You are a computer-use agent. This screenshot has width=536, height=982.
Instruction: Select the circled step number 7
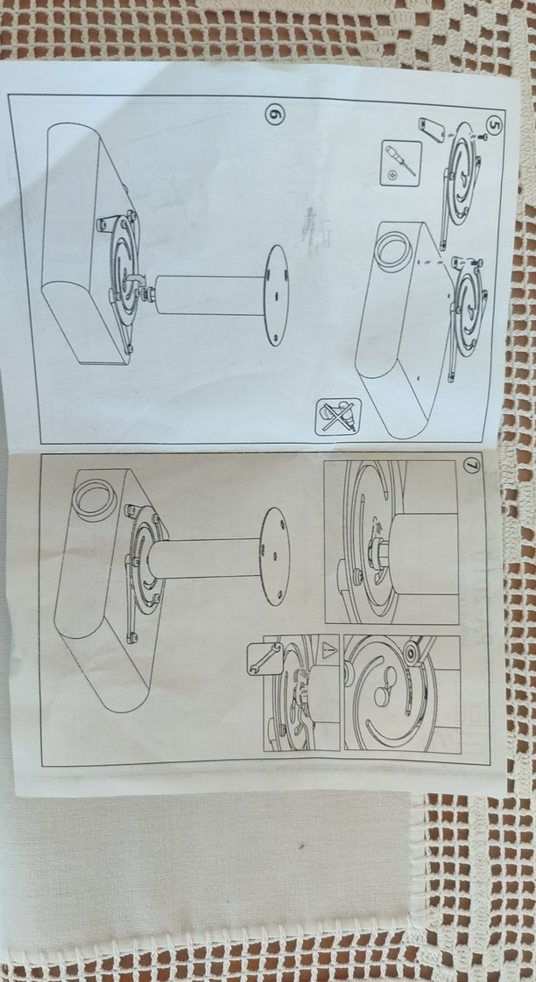(472, 467)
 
